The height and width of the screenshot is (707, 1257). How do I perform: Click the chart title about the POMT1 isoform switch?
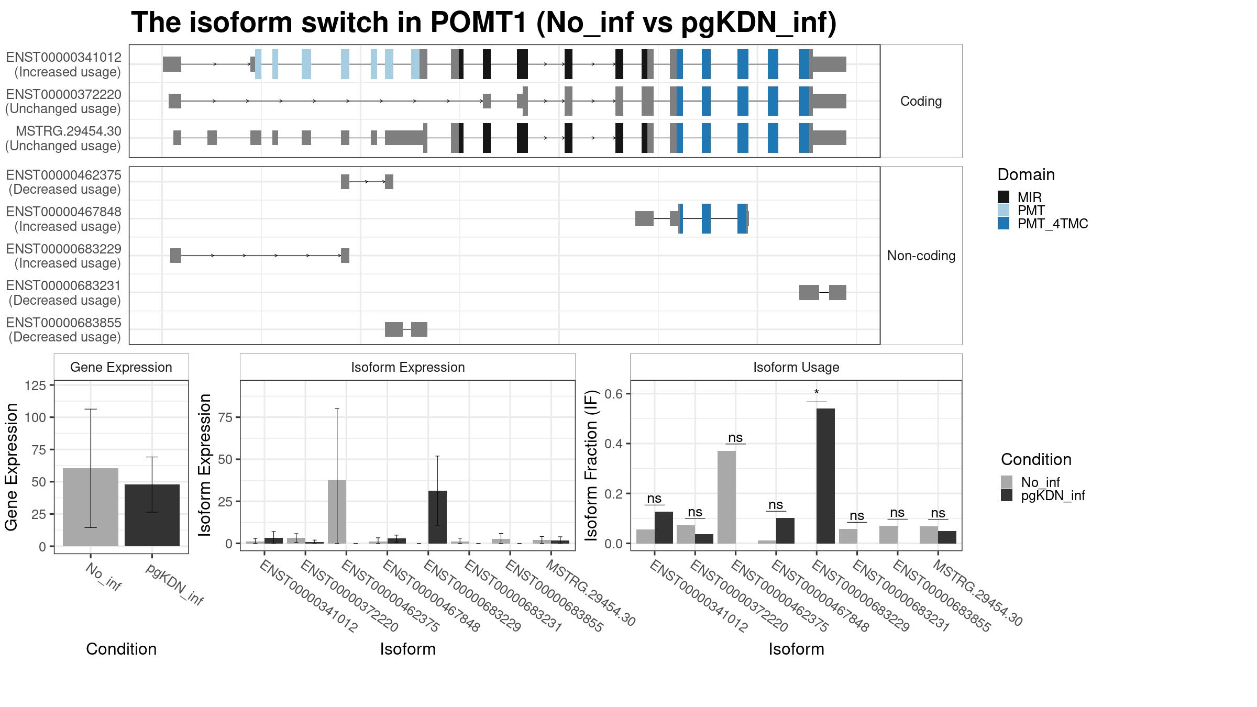pos(483,23)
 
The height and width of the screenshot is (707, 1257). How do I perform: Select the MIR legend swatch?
pos(1004,197)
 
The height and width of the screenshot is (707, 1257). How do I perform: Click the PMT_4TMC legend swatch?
pos(1004,223)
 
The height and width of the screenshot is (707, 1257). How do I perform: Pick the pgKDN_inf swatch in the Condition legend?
pos(1007,495)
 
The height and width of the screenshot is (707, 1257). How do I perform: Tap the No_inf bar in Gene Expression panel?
pos(91,507)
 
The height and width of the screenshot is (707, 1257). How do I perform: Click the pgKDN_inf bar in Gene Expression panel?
pos(152,515)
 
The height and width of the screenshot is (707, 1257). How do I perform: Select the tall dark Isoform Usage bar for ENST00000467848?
pos(825,476)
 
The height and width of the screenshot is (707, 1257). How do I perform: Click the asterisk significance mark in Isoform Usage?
pos(817,393)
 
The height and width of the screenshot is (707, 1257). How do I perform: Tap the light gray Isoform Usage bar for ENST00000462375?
pos(726,497)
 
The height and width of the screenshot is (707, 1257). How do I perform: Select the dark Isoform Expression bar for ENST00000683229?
pos(437,517)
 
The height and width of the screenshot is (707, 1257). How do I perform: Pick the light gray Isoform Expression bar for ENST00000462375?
pos(337,512)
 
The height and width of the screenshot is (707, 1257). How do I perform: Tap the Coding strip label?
pos(921,101)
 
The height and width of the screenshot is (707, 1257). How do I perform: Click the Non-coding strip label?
pos(921,256)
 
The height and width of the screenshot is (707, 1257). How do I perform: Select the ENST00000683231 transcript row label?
pos(63,293)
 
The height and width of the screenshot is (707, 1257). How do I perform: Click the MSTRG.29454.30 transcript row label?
pos(63,138)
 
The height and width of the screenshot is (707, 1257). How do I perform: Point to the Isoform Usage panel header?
pos(796,367)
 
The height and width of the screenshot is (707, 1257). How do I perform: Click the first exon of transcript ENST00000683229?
pos(175,256)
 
